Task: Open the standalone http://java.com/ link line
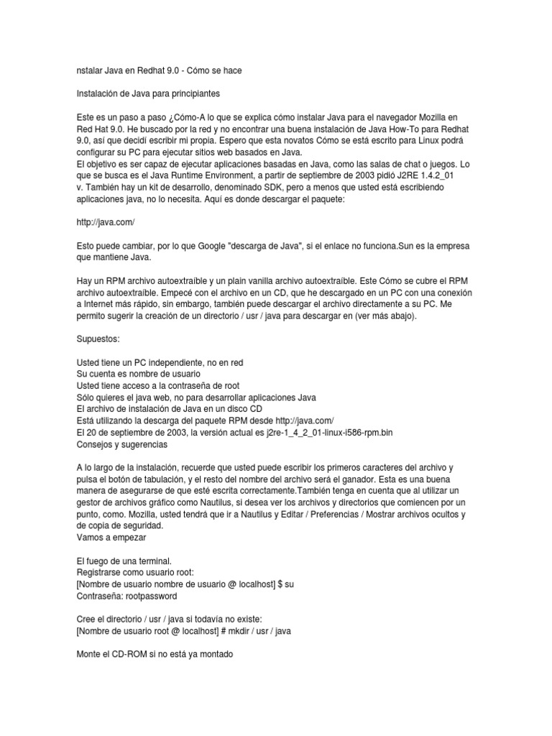coord(106,223)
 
